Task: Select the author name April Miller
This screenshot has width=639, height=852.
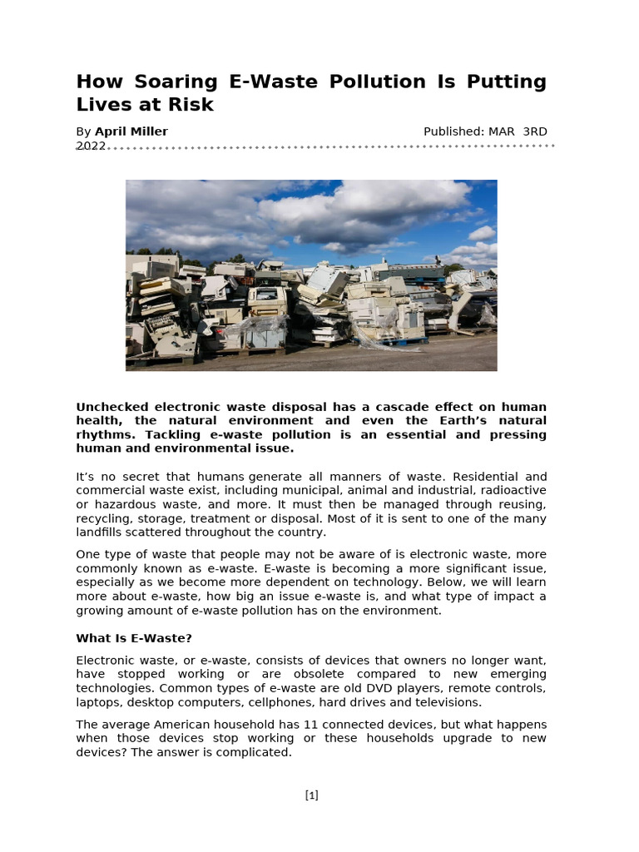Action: click(131, 131)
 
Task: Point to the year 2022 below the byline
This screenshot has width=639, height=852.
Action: click(91, 146)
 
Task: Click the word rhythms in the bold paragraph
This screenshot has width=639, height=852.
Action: click(106, 434)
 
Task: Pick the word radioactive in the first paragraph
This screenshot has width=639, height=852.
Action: click(513, 491)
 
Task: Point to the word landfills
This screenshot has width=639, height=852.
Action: click(102, 532)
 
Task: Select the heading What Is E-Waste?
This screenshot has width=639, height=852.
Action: click(134, 638)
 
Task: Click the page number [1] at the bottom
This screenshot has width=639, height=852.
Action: click(312, 795)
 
